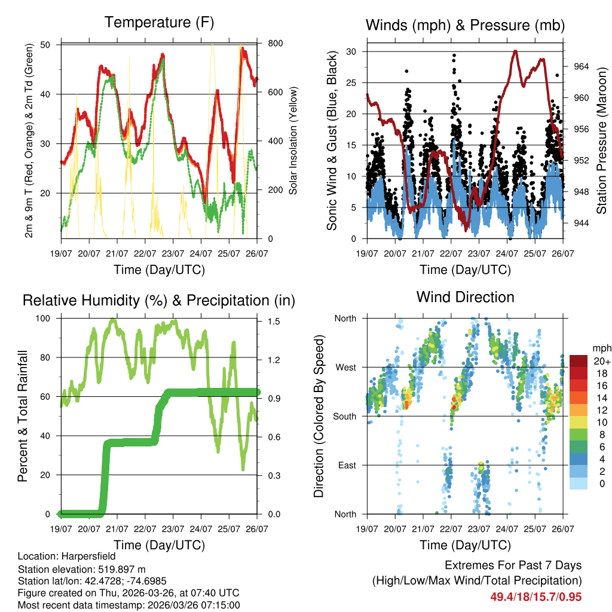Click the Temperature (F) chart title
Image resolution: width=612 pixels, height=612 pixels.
(159, 23)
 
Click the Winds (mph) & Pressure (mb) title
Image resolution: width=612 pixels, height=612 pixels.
(465, 25)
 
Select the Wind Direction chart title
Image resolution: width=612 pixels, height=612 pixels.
(465, 297)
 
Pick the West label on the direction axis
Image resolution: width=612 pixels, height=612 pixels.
(345, 367)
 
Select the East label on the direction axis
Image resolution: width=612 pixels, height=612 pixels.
(346, 465)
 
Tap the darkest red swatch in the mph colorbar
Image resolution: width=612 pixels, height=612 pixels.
(580, 361)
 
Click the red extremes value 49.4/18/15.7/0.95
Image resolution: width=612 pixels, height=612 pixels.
(535, 596)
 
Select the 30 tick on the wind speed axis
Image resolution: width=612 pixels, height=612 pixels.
(354, 51)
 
